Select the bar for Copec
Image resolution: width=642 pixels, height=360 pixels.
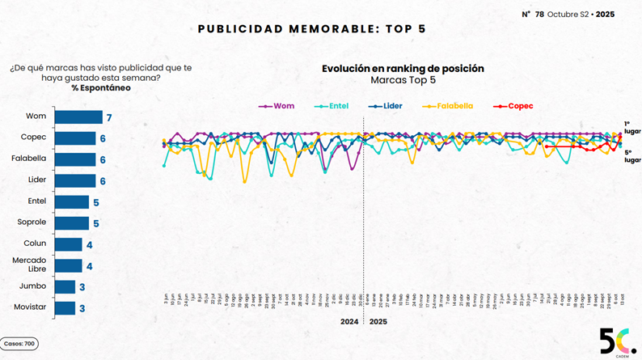point(76,138)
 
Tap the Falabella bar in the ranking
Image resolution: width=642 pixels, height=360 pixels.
point(76,159)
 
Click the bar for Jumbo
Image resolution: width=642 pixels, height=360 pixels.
point(65,286)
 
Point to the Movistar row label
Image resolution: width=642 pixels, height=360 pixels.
point(31,307)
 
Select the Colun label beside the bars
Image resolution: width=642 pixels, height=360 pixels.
point(35,244)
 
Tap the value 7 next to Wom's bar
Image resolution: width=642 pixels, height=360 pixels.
point(108,118)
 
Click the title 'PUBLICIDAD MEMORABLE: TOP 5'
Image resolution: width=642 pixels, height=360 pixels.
point(311,29)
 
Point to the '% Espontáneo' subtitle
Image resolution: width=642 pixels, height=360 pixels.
point(100,88)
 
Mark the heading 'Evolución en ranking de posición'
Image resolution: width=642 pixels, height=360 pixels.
point(403,69)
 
